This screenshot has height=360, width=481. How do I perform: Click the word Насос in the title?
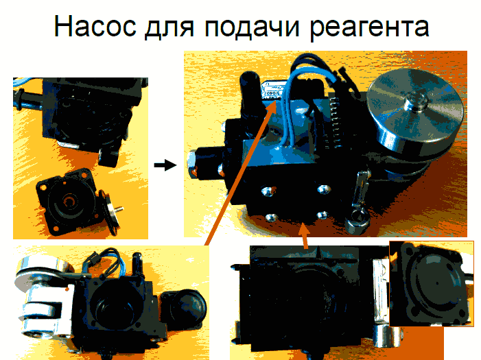click(x=95, y=26)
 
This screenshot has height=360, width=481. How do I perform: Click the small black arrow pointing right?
click(x=165, y=165)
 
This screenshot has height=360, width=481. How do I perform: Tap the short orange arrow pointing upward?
click(x=304, y=235)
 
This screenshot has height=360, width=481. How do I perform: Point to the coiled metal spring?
click(x=336, y=122)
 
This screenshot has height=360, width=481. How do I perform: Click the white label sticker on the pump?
click(x=274, y=91)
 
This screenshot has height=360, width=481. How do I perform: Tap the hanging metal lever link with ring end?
click(x=358, y=202)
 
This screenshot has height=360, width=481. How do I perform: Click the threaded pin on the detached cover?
click(x=118, y=210)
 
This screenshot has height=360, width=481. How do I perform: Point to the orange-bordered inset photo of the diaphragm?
click(x=432, y=284)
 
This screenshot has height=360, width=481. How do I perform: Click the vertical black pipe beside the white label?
click(x=251, y=92)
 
